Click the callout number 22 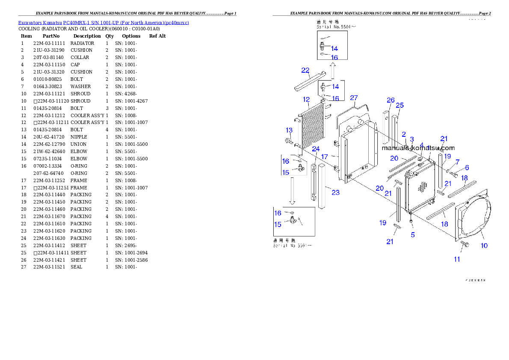tap(305, 71)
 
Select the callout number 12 tap(306, 100)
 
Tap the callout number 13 tap(289, 130)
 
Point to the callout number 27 tap(354, 98)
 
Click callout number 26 tap(391, 100)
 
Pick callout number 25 tap(400, 105)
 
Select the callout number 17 tap(325, 156)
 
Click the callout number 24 tap(316, 149)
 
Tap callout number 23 tap(335, 192)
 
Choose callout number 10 tap(484, 245)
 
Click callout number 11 tap(457, 259)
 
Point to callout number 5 tap(413, 235)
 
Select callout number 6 tap(467, 168)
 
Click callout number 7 tap(457, 162)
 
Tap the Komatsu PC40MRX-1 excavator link tap(103, 22)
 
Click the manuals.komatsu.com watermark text tap(418, 148)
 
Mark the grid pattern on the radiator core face tap(423, 187)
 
